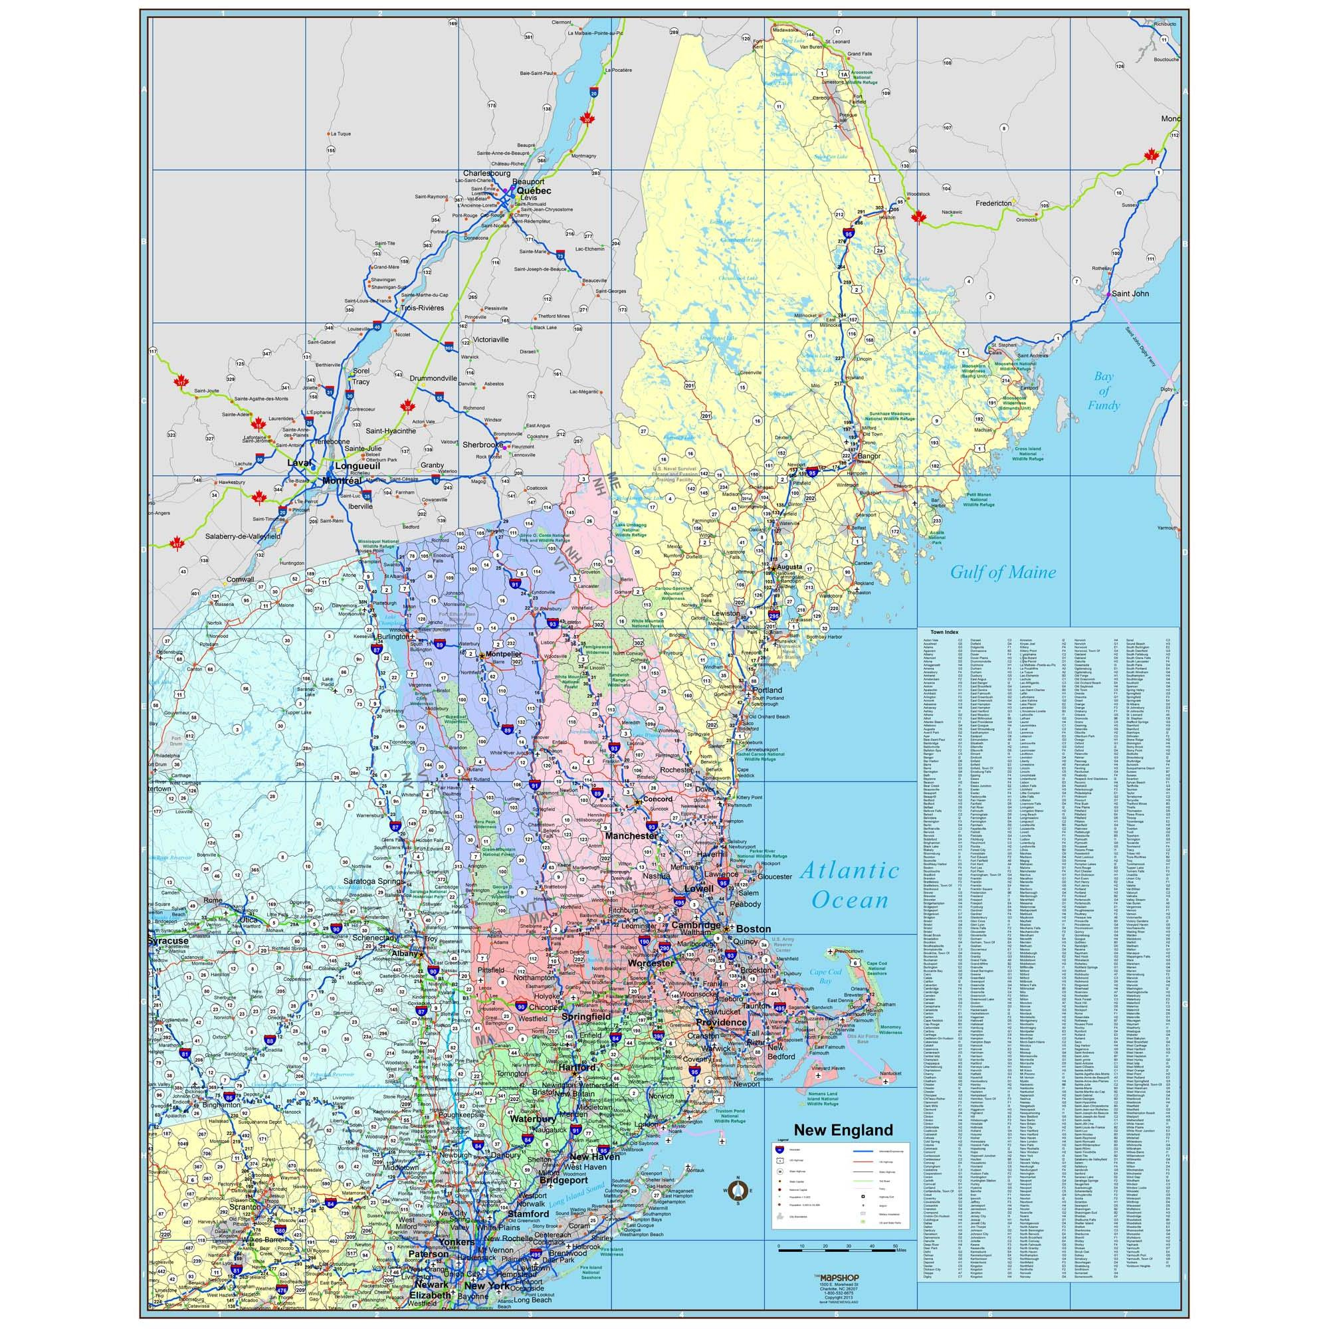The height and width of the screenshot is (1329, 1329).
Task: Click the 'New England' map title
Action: point(843,1130)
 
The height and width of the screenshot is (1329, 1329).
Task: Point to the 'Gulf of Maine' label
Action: point(1002,571)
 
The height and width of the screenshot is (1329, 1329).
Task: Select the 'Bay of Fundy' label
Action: point(1103,391)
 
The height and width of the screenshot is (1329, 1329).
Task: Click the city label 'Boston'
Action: point(754,929)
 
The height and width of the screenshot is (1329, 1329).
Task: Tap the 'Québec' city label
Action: point(534,191)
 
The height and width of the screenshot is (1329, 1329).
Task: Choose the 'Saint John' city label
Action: point(1130,294)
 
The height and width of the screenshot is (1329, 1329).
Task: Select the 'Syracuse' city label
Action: point(168,940)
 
